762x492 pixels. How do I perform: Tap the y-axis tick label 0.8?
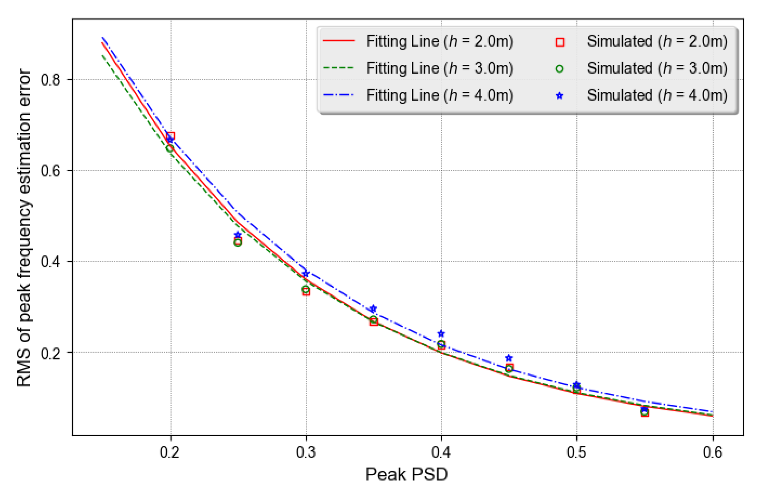pyautogui.click(x=51, y=80)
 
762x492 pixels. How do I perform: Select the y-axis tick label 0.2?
pyautogui.click(x=51, y=353)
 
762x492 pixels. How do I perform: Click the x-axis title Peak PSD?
pyautogui.click(x=406, y=474)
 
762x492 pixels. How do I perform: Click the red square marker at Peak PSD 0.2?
pyautogui.click(x=171, y=136)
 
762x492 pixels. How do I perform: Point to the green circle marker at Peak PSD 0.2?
pyautogui.click(x=170, y=148)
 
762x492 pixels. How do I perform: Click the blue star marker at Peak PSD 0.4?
pyautogui.click(x=441, y=334)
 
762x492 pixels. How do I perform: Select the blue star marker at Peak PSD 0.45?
pyautogui.click(x=509, y=358)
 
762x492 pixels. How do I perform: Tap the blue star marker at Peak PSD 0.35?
pyautogui.click(x=373, y=309)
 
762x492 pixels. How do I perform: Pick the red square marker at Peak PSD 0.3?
pyautogui.click(x=306, y=291)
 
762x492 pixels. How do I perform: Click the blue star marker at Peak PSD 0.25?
pyautogui.click(x=238, y=235)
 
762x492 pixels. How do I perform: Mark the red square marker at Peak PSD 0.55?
pyautogui.click(x=645, y=413)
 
